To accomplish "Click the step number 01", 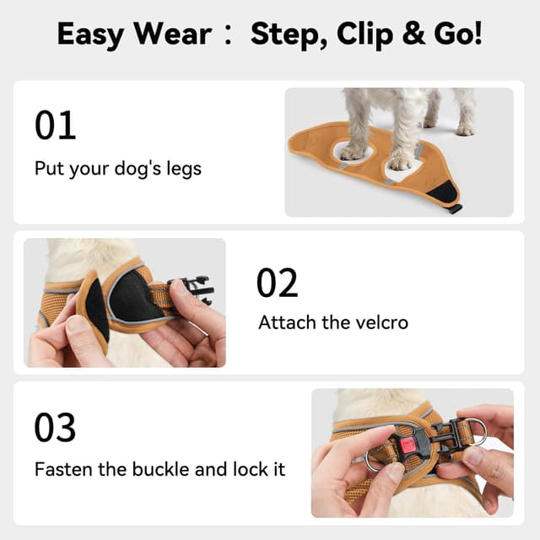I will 56,125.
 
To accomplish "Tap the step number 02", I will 278,283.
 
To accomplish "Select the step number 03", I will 56,428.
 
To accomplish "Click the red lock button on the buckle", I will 409,445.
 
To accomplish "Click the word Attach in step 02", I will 287,322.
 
